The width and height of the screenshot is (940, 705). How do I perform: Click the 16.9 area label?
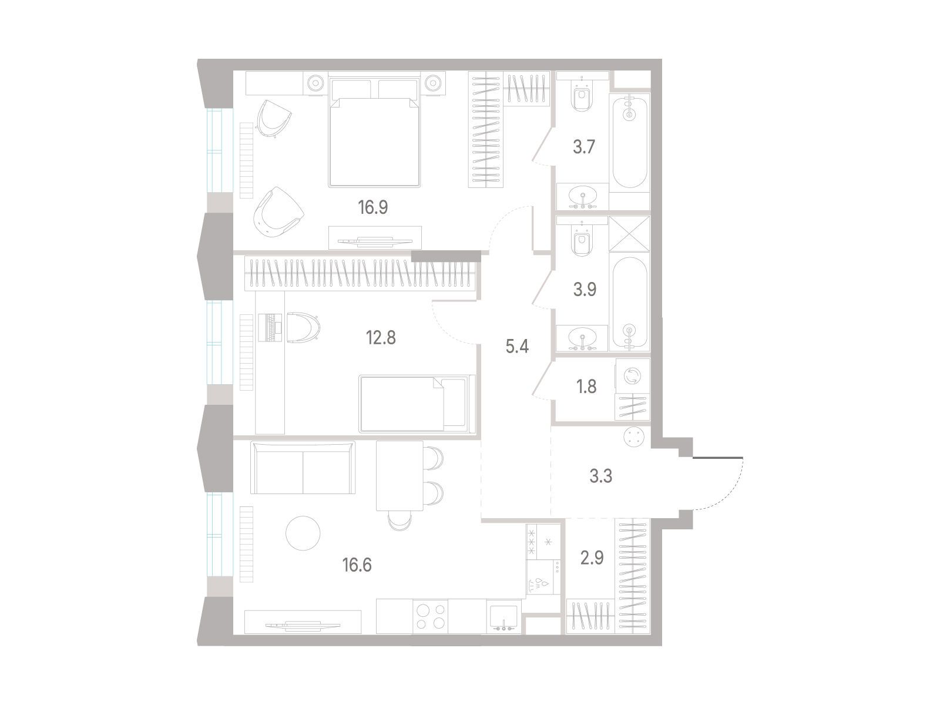pyautogui.click(x=372, y=207)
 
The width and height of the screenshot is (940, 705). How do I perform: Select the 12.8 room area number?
pyautogui.click(x=381, y=338)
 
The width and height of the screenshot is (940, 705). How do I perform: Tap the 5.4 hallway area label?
pyautogui.click(x=517, y=346)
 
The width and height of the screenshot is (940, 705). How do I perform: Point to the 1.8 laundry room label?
pyautogui.click(x=586, y=387)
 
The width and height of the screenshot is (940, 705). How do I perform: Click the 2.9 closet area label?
pyautogui.click(x=592, y=558)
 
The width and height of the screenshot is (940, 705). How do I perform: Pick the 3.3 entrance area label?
pyautogui.click(x=601, y=476)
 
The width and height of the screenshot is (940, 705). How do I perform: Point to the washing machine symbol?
pyautogui.click(x=633, y=376)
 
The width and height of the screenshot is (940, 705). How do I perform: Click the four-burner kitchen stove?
pyautogui.click(x=431, y=616)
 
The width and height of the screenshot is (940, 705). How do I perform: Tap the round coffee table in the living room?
pyautogui.click(x=303, y=533)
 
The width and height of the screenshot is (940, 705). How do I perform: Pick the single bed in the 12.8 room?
pyautogui.click(x=417, y=404)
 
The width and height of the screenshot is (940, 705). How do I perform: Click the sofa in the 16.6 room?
pyautogui.click(x=303, y=468)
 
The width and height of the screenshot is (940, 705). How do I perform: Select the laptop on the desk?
pyautogui.click(x=270, y=327)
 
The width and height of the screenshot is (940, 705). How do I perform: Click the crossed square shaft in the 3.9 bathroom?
pyautogui.click(x=629, y=234)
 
